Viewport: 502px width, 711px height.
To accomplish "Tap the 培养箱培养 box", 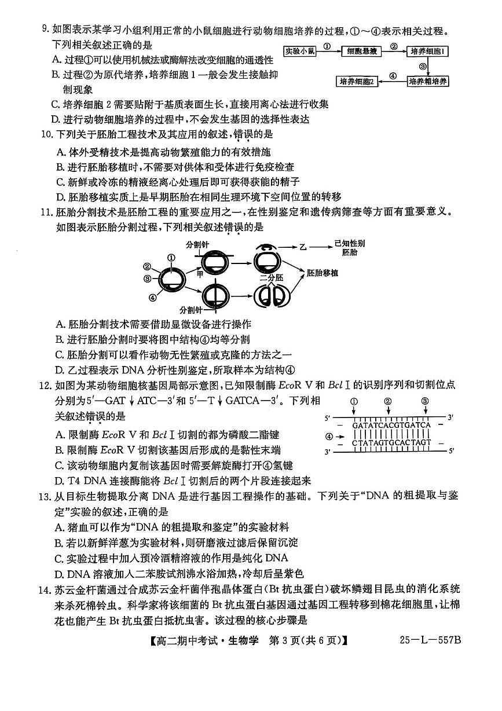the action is (428, 82).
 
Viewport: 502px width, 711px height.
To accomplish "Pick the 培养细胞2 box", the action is (357, 82).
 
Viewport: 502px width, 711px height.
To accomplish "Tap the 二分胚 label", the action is (271, 277).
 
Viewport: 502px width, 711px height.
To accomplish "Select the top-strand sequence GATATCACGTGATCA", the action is (391, 425).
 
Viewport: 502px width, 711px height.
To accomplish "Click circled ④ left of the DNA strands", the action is (329, 436).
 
